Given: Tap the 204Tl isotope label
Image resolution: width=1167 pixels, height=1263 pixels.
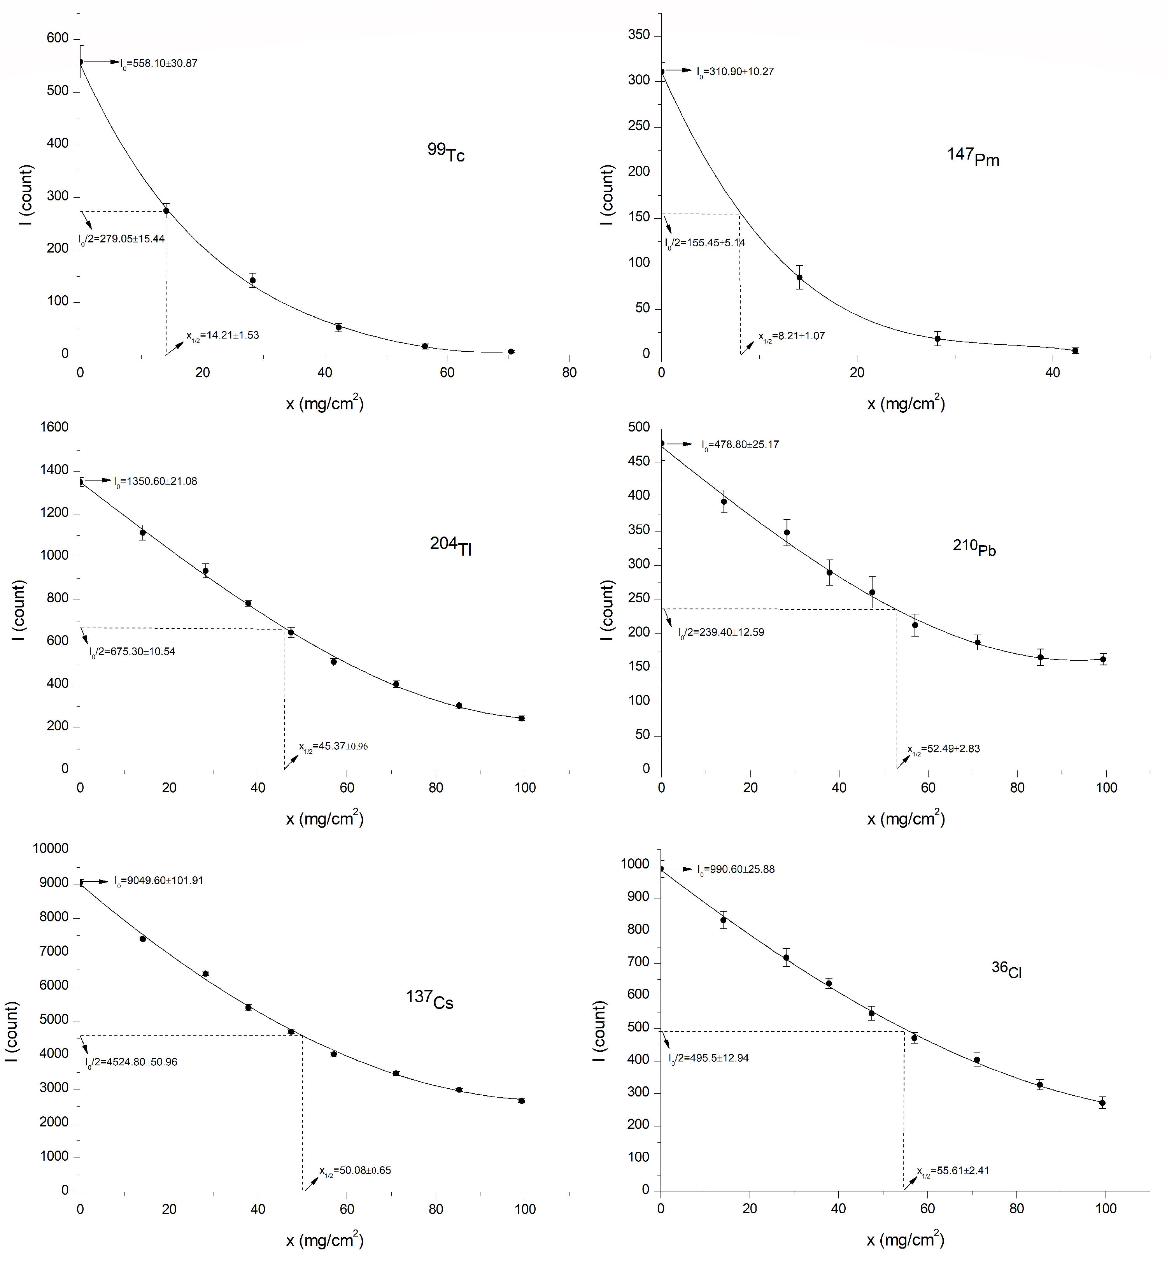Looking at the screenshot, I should point(451,546).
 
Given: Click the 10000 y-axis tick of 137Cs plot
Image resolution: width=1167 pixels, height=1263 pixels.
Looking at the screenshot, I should point(51,849).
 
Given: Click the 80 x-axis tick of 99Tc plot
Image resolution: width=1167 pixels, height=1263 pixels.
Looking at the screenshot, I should point(569,373).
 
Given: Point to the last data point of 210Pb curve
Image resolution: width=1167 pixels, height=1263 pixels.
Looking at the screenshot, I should point(1102,659).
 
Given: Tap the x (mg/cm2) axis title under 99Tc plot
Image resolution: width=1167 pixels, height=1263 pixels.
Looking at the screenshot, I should point(324,403).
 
